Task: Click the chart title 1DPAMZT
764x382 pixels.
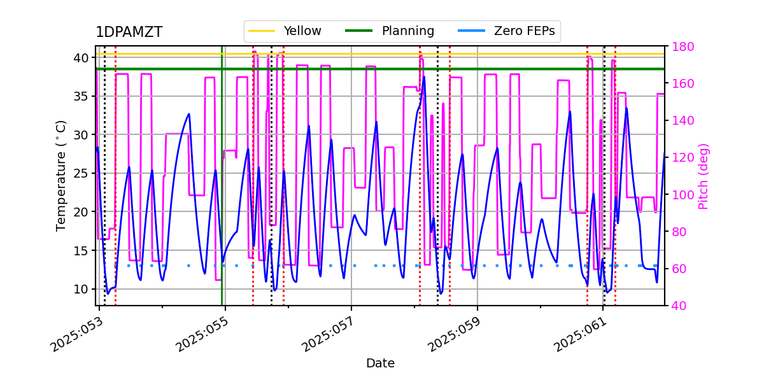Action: tap(129, 32)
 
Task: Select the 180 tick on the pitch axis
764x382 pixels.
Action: tap(681, 46)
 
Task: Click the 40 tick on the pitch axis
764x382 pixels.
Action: tap(678, 306)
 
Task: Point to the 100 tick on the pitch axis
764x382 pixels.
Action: tap(681, 195)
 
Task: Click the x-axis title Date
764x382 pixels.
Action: tap(380, 364)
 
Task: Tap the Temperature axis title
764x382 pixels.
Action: tap(61, 175)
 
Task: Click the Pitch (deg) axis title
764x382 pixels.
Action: tap(704, 176)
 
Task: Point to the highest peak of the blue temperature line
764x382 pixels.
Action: tap(423, 77)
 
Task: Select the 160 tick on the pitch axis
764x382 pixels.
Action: tap(681, 83)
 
